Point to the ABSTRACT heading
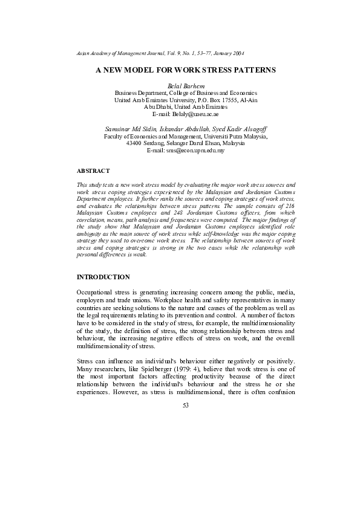pyautogui.click(x=93, y=171)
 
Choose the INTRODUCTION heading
pyautogui.click(x=103, y=277)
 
